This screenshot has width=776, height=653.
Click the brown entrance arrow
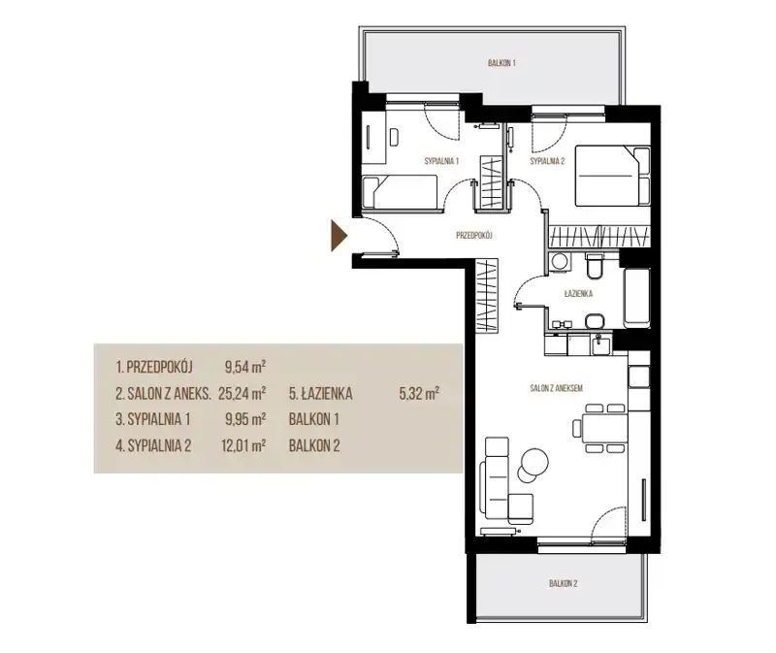339,236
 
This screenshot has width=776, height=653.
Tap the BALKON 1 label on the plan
501,63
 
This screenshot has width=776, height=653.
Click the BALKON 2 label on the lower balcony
564,584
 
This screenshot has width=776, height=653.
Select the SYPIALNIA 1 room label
441,161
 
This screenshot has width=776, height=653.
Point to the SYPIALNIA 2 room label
547,161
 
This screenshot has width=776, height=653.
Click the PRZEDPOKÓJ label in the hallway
473,236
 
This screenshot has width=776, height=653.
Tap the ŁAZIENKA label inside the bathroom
578,294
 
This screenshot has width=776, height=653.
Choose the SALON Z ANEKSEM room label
556,388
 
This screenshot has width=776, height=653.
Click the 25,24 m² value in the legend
242,393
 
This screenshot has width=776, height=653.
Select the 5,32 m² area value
419,393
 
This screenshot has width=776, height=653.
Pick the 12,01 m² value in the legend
243,445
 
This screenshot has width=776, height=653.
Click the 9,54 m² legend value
245,367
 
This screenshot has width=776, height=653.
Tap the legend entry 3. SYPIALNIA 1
153,419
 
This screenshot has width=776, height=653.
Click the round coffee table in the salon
534,462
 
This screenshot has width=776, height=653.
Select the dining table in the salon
604,428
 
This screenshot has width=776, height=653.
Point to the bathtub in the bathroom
636,298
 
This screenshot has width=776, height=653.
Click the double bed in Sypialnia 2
612,176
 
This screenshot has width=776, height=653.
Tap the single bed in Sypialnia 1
400,192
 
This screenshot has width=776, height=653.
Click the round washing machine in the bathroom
561,261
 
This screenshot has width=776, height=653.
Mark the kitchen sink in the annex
600,344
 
